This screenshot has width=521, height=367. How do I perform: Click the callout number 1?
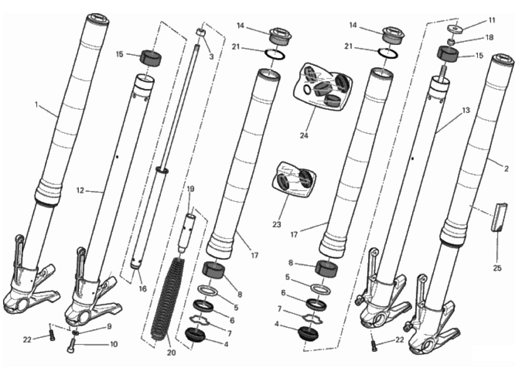[36, 105]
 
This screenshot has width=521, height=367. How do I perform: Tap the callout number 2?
[506, 169]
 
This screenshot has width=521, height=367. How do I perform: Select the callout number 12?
[80, 191]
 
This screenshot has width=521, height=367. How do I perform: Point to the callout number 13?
[466, 110]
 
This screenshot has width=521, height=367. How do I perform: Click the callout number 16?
[142, 289]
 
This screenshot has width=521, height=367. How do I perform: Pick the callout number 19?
[190, 189]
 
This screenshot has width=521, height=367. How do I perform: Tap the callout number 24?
[304, 135]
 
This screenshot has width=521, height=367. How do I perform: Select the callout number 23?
[277, 225]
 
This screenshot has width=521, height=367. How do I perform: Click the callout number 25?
[497, 268]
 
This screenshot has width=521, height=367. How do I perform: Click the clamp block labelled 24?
[321, 87]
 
